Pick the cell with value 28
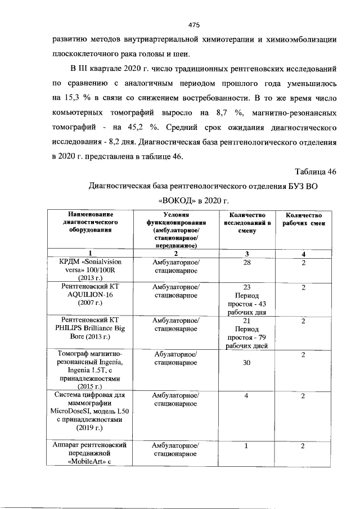tap(246, 263)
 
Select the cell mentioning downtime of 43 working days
tap(246, 299)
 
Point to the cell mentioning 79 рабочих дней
tap(246, 332)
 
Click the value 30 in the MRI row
tap(246, 363)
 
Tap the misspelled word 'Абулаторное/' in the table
tap(175, 354)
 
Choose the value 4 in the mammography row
tap(246, 396)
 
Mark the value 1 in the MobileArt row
tap(246, 446)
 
